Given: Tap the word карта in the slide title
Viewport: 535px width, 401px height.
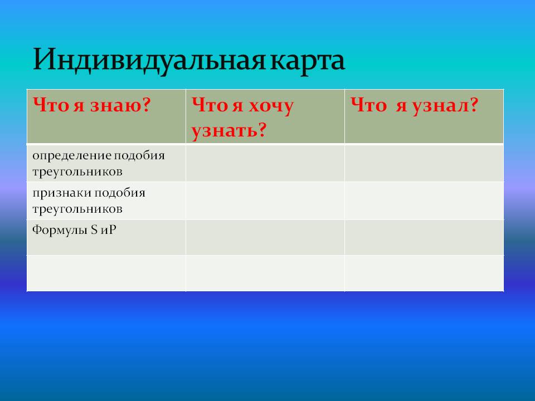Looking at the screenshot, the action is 307,61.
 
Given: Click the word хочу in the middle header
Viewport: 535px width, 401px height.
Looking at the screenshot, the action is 271,106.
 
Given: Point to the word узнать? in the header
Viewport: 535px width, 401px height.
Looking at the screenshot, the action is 228,130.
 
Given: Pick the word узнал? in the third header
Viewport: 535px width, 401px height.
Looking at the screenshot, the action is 445,105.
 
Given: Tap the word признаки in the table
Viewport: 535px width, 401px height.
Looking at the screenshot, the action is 61,193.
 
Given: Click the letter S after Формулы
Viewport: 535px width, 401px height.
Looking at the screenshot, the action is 94,230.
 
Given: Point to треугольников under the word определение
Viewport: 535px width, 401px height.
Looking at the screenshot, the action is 77,172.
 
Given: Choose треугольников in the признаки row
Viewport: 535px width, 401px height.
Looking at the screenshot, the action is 77,209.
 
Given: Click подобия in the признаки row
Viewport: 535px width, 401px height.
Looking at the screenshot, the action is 120,193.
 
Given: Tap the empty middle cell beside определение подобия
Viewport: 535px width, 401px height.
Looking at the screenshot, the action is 265,163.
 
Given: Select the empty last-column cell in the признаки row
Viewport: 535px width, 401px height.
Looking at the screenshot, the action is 424,200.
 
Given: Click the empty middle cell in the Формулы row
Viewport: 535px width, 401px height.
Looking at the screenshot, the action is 265,237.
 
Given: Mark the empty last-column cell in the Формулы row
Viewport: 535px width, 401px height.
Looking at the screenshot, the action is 424,237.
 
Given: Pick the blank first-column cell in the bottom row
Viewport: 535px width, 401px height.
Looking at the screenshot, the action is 106,273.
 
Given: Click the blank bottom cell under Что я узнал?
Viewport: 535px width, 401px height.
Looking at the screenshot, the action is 424,273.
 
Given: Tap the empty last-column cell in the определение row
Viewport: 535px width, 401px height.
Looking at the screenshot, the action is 424,163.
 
